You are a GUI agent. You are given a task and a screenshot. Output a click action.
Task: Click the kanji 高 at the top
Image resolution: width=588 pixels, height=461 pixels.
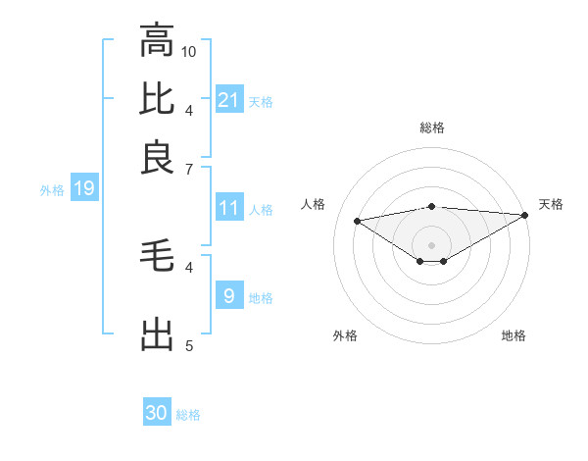pos(157,41)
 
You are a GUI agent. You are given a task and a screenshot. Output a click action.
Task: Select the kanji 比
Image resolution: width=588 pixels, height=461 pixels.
pos(157,99)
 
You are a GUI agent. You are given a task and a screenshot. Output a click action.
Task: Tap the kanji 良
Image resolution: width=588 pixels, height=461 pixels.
pos(157,157)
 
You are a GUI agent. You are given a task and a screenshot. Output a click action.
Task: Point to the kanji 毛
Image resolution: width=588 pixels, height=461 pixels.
pos(157,258)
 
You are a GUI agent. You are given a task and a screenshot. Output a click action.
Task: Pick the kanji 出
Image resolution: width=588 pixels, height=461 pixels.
pos(157,334)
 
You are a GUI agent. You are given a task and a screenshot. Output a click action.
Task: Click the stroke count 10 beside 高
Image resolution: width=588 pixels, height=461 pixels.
pos(189,51)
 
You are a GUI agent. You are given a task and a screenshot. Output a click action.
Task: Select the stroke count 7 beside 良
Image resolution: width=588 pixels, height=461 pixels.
pos(189,170)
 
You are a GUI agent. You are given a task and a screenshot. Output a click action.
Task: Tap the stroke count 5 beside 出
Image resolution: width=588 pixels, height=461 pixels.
pos(189,345)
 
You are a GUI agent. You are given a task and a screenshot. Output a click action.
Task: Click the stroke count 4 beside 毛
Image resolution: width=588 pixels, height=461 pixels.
pos(189,266)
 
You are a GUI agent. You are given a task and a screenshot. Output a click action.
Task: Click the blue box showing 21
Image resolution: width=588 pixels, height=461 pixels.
pos(229,99)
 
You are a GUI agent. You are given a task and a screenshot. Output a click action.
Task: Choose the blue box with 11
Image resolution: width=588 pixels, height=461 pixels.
pos(229,208)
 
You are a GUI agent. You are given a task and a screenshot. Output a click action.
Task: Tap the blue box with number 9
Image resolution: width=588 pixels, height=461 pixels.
pos(229,295)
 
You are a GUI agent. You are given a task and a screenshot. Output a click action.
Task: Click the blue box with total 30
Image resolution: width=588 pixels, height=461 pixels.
pos(157,413)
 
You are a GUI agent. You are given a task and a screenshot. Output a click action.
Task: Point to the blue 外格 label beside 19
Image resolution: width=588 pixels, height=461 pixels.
pos(52,190)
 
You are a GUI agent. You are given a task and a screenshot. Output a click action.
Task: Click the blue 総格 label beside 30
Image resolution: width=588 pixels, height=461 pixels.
pos(188,415)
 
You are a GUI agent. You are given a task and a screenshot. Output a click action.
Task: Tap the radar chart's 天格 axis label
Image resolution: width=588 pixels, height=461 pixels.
pos(551,204)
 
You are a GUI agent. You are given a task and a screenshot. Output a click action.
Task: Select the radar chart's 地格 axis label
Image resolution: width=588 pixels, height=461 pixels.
pos(514,335)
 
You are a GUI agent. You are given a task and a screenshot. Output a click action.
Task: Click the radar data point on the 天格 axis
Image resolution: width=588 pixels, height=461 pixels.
pos(525,214)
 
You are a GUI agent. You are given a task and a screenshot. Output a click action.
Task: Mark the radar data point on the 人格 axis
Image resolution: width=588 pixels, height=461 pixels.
pos(357,220)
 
